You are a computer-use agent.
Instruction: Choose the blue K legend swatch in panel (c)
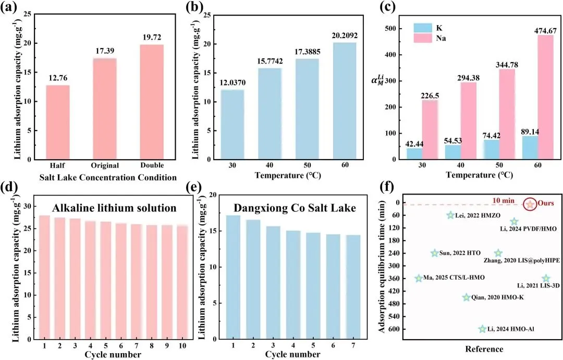coord(425,26)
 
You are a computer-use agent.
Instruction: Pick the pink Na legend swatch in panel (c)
coord(425,38)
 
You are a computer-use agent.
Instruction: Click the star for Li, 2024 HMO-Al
coord(482,329)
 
